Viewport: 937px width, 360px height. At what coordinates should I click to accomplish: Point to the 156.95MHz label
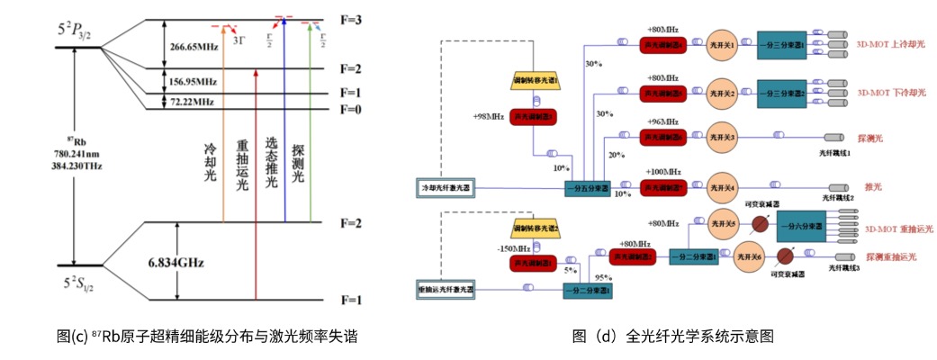tap(192, 81)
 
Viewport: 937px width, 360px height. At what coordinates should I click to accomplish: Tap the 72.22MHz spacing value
tap(190, 102)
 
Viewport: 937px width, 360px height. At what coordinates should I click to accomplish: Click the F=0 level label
tap(351, 109)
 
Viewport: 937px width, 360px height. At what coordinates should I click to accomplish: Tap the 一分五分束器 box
tap(587, 188)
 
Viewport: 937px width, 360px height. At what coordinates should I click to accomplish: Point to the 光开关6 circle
tap(751, 256)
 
